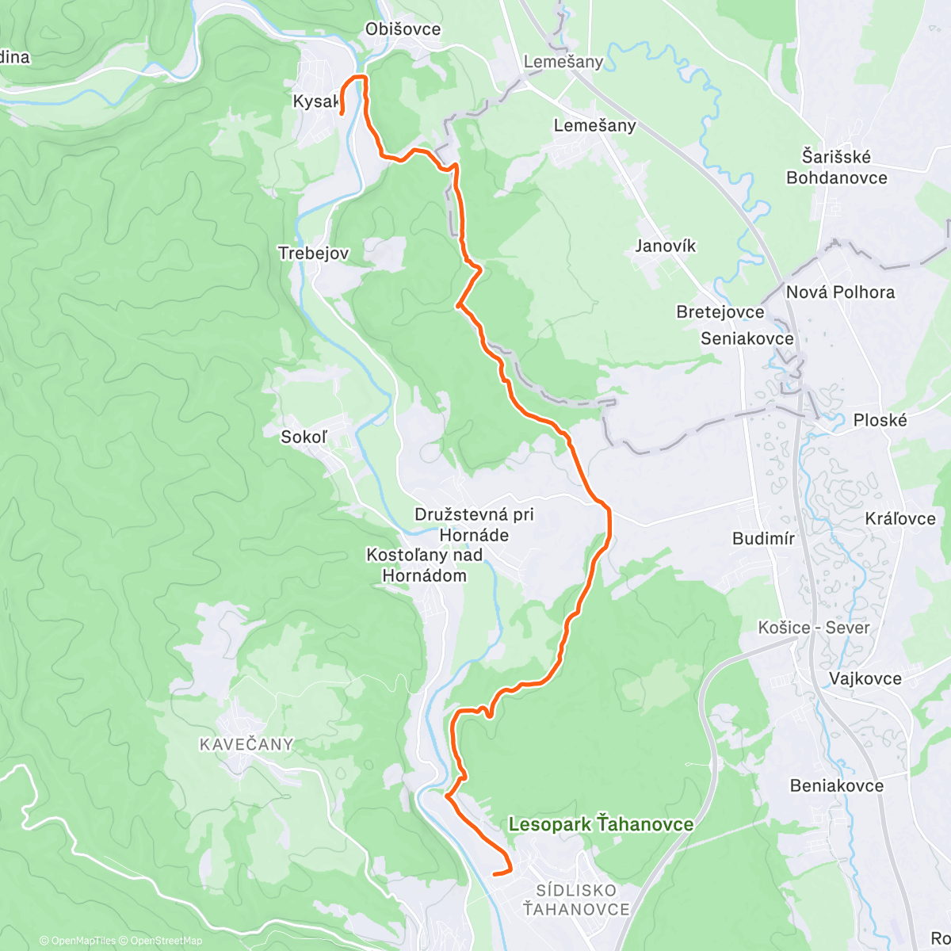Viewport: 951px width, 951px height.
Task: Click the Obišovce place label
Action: [x=403, y=29]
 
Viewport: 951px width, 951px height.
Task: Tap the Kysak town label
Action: [x=315, y=101]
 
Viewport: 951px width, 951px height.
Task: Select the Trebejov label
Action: [x=313, y=253]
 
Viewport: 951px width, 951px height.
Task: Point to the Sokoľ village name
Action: [x=304, y=437]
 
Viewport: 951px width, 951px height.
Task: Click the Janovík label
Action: [x=665, y=246]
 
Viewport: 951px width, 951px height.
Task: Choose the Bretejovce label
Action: [x=720, y=311]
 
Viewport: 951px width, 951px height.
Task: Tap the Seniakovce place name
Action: [x=747, y=338]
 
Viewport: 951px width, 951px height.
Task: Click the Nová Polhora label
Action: [x=840, y=292]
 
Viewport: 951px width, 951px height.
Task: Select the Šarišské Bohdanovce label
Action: [x=836, y=167]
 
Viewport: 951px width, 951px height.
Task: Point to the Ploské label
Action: [x=880, y=420]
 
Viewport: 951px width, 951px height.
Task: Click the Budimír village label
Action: [x=763, y=539]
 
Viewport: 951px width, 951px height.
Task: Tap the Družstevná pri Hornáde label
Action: [x=474, y=525]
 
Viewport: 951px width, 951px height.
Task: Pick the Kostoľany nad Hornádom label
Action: [x=424, y=565]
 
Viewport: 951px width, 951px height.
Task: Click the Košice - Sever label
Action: [x=814, y=628]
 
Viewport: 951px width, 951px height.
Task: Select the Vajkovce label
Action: [x=865, y=678]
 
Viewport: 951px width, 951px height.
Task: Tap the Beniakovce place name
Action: [x=836, y=785]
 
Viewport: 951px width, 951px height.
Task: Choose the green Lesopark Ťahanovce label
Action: [x=601, y=824]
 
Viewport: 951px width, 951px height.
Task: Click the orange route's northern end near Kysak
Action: [x=342, y=114]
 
